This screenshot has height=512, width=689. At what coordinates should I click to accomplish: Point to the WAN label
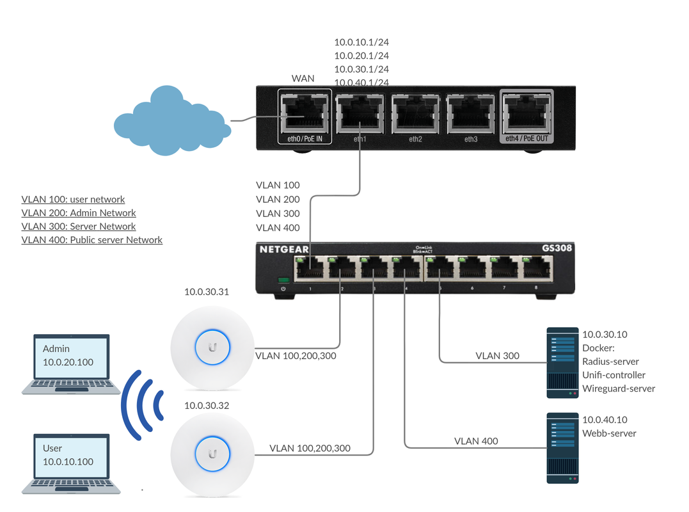pos(303,78)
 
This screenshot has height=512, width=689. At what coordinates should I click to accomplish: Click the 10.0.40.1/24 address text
pos(361,83)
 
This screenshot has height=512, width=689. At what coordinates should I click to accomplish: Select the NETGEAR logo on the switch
pos(284,249)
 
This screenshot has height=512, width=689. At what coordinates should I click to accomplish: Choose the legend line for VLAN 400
pos(91,240)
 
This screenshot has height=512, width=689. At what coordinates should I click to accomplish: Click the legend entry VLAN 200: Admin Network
pos(79,212)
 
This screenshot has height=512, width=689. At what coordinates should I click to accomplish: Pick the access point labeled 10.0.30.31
pos(212,348)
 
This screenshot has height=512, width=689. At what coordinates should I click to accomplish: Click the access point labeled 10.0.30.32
pos(212,455)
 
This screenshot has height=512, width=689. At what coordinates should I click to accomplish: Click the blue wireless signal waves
pos(141,404)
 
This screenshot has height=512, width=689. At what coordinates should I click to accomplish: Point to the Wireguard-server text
pos(618,388)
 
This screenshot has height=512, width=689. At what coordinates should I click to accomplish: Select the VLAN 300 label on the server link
pos(497,355)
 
